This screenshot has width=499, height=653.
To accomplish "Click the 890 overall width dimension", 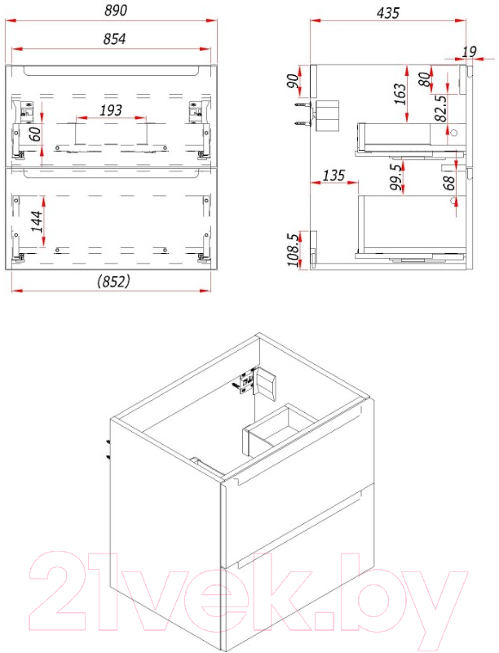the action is click(116, 11).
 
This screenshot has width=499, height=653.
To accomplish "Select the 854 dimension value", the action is click(114, 38).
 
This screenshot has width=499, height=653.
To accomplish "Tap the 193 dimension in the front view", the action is click(111, 110).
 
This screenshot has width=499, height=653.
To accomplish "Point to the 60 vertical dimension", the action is click(35, 134).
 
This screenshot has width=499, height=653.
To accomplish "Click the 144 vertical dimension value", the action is click(36, 221).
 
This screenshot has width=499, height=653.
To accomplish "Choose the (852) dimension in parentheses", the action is click(113, 282).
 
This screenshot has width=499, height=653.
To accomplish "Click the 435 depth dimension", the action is click(388, 13).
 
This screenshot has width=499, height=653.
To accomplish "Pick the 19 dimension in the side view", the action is click(469, 51).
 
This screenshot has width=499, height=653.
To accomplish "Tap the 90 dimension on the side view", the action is click(293, 81).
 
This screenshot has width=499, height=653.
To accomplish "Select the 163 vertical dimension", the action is click(400, 94).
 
